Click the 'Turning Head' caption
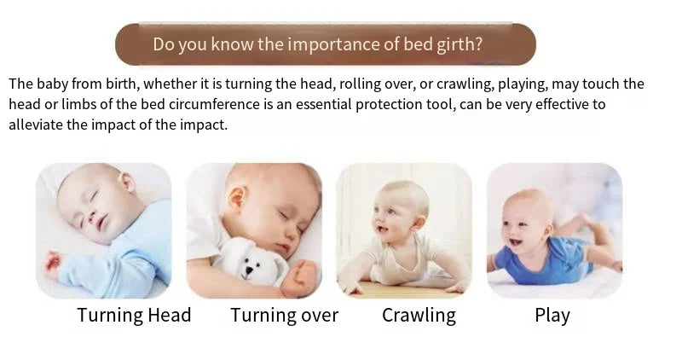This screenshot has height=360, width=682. [x=134, y=315]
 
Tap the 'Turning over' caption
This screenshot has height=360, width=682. [x=284, y=315]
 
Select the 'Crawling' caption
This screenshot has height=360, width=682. [x=419, y=315]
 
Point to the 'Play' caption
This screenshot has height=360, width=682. [x=552, y=315]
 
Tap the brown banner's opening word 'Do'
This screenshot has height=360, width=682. [x=164, y=44]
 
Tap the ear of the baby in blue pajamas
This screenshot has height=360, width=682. [x=127, y=183]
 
